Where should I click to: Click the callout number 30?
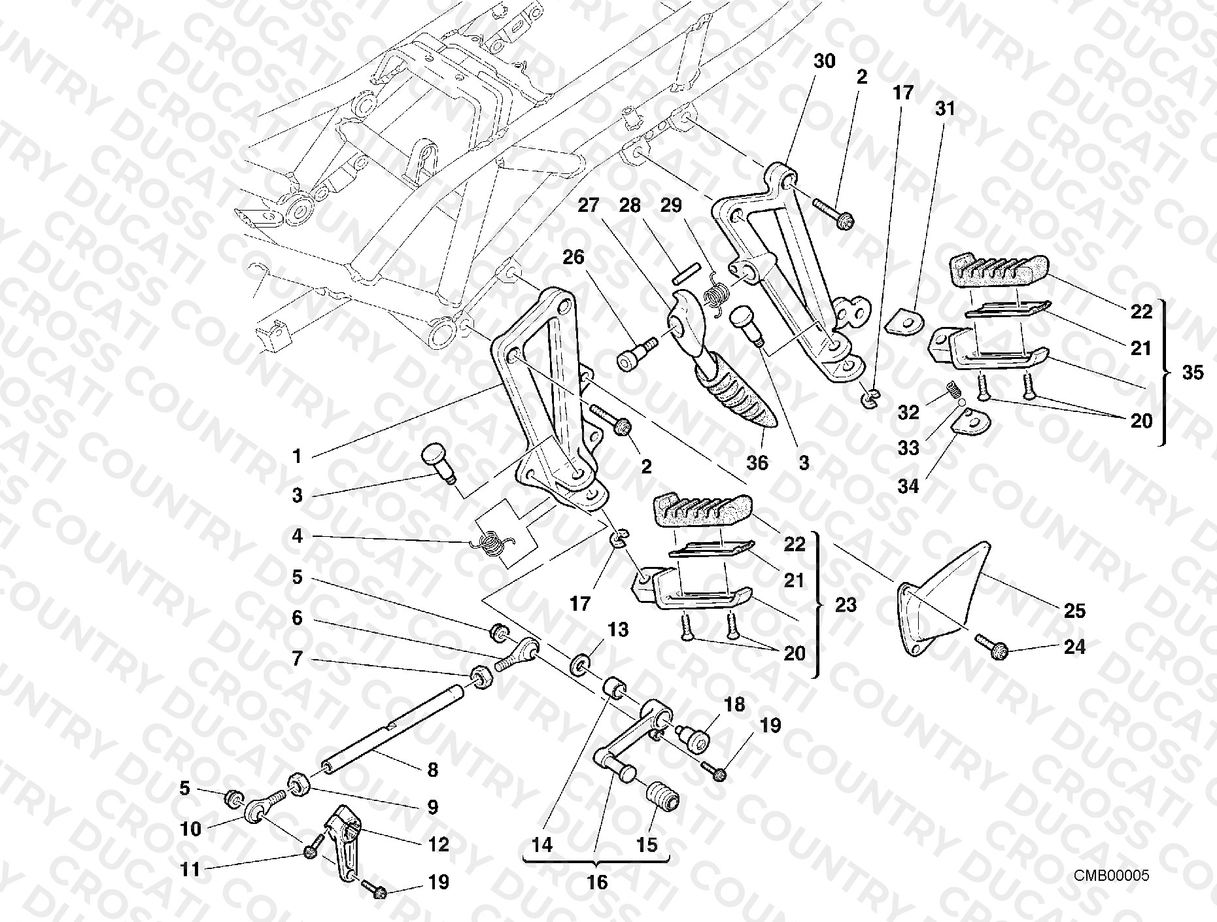(825, 61)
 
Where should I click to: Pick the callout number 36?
(757, 463)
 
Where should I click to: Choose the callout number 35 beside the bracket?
(1193, 372)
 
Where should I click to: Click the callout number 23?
(846, 605)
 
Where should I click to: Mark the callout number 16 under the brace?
(597, 882)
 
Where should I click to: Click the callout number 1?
(298, 456)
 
